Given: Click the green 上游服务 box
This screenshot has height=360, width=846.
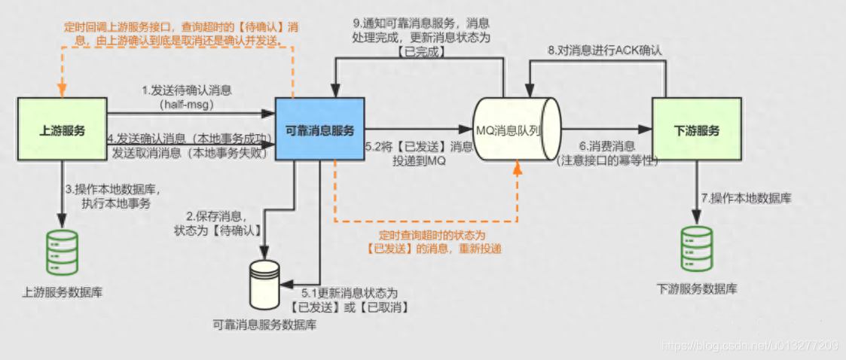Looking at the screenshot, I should click(x=62, y=130).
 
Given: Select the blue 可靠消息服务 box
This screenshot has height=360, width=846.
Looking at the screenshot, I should click(x=318, y=130).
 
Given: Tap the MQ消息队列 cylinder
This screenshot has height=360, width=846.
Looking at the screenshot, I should click(x=518, y=130).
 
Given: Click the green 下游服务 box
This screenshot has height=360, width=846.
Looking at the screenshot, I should click(x=695, y=130).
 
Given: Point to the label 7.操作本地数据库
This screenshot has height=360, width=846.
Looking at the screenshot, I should click(x=746, y=198).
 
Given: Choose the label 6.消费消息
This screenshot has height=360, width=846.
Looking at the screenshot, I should click(x=606, y=146).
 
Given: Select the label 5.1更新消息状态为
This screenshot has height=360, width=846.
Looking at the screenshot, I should click(x=349, y=292).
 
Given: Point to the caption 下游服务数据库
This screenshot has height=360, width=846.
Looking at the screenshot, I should click(x=697, y=288).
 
